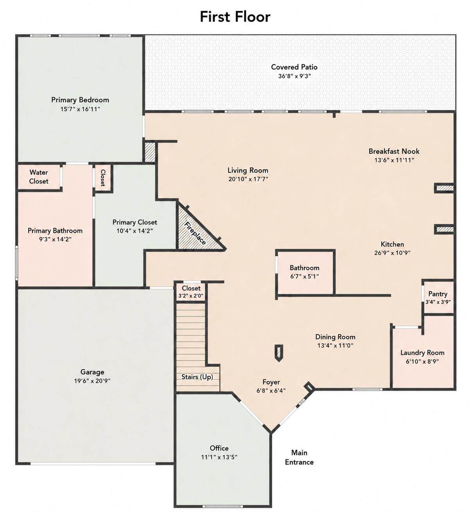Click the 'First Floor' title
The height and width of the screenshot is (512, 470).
point(235,17)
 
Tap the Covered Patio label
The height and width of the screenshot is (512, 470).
point(294,67)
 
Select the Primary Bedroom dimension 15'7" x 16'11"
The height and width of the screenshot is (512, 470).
point(80,109)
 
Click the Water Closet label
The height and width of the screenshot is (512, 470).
point(39,177)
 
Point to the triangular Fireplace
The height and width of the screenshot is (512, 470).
point(196,231)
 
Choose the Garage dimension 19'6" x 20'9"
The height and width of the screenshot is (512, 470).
point(92,381)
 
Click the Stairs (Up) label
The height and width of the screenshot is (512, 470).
point(197,377)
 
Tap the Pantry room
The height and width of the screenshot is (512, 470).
point(438,297)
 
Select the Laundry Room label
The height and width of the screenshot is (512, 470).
point(422,353)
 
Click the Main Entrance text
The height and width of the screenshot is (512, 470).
point(299,457)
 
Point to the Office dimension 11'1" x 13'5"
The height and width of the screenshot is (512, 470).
point(219,457)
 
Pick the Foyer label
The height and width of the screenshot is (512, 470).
point(271,382)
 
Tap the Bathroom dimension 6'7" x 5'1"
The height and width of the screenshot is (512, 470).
point(305,276)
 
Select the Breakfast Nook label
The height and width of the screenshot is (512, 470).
point(394,151)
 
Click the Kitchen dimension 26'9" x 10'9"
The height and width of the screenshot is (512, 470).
point(392,253)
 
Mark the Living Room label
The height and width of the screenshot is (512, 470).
point(248,170)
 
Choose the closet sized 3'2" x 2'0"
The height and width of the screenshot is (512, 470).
point(191,292)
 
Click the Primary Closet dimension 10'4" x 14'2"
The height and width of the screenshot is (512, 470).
point(135,231)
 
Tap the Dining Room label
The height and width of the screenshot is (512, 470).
point(335,337)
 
